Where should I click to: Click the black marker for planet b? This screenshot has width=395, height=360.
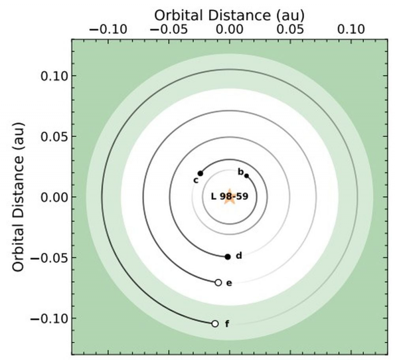pos(246,176)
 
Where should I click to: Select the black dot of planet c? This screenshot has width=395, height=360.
pos(200,173)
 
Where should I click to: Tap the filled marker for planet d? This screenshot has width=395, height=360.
pos(228,256)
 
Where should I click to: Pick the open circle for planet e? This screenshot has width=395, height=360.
pos(218,283)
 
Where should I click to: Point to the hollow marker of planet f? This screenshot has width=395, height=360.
pos(215,324)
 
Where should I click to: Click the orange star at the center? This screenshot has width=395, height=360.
pos(229,197)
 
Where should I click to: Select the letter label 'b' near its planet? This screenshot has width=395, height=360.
pos(240,172)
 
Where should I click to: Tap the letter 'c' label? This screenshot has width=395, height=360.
pos(196,180)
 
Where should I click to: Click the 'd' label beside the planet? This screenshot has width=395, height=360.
pos(238,256)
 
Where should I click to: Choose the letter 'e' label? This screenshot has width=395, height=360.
pos(229,283)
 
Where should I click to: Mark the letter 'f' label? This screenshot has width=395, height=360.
pos(227,324)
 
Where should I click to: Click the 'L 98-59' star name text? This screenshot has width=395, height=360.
pos(229,196)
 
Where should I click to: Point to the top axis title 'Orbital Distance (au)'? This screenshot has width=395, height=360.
pos(229,15)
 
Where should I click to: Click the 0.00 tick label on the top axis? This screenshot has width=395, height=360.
pos(229,30)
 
